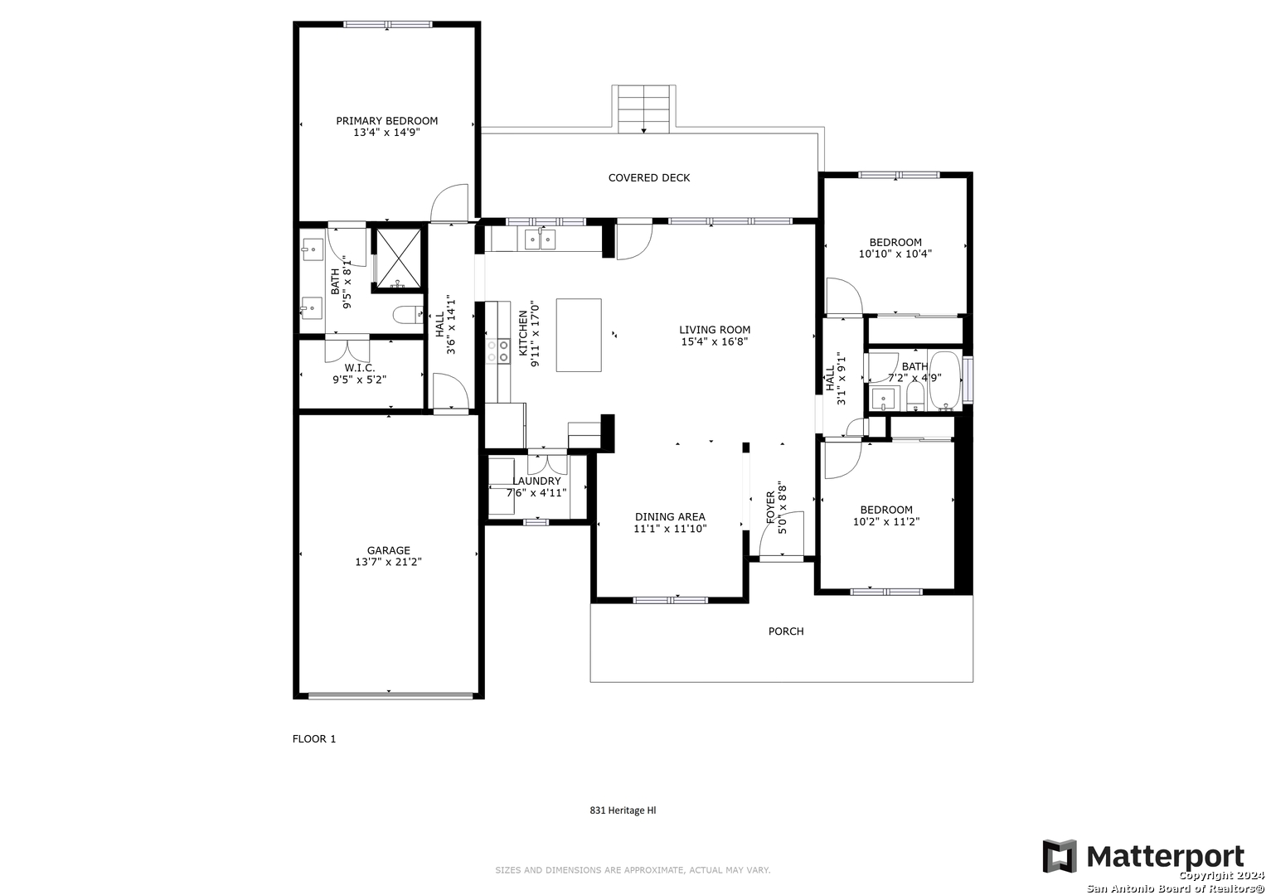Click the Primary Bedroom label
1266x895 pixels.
pyautogui.click(x=386, y=121)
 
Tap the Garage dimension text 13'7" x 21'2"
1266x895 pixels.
pyautogui.click(x=388, y=562)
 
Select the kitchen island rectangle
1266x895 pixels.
pyautogui.click(x=579, y=335)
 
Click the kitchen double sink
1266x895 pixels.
pyautogui.click(x=541, y=239)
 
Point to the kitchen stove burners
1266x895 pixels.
pyautogui.click(x=498, y=351)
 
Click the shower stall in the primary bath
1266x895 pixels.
pyautogui.click(x=399, y=259)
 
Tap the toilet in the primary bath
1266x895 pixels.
pyautogui.click(x=408, y=315)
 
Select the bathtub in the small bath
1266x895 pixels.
pyautogui.click(x=945, y=381)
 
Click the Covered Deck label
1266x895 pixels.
pyautogui.click(x=649, y=178)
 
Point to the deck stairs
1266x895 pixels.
pyautogui.click(x=643, y=109)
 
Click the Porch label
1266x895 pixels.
pyautogui.click(x=786, y=631)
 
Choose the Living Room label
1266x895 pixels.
pyautogui.click(x=715, y=330)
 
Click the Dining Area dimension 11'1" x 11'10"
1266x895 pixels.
pyautogui.click(x=670, y=529)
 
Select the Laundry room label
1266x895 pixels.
pyautogui.click(x=536, y=481)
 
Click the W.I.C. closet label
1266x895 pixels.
pyautogui.click(x=360, y=368)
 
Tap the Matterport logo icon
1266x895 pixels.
pyautogui.click(x=1060, y=856)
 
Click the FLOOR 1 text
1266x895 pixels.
pyautogui.click(x=314, y=739)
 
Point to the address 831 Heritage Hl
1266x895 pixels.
pyautogui.click(x=623, y=810)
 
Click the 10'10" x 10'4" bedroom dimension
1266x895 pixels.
pyautogui.click(x=895, y=254)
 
